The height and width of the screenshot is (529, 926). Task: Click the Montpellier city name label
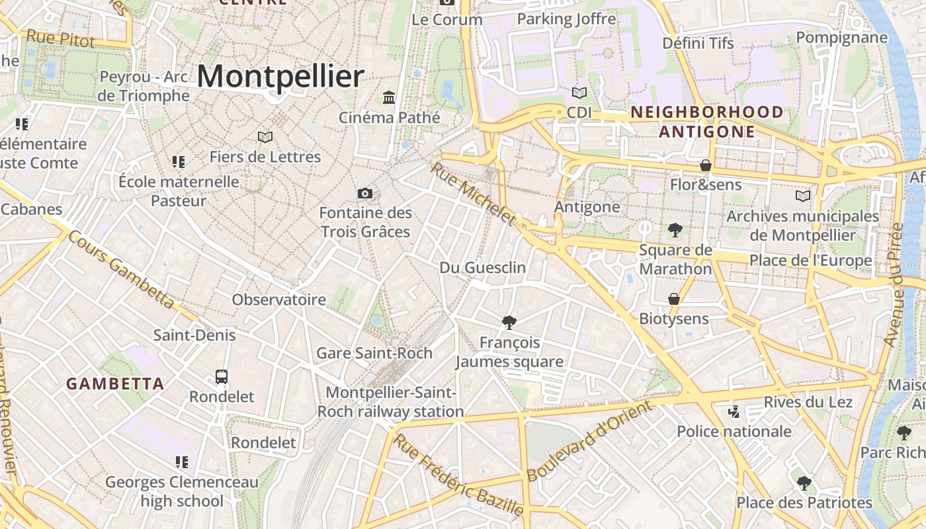280,77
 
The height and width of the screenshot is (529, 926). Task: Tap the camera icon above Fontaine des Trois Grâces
364,193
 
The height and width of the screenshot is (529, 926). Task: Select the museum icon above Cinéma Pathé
389,98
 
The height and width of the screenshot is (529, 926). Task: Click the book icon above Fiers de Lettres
265,137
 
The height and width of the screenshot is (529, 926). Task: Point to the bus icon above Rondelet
222,377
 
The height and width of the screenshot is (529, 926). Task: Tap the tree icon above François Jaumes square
509,323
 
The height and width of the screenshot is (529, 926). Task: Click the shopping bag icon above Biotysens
673,299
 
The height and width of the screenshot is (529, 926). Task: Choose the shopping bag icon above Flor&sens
706,165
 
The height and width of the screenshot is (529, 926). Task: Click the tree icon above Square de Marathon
675,230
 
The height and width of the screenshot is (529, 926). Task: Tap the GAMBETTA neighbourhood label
115,384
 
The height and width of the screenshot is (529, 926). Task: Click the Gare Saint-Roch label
374,352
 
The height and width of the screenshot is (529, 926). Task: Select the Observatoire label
278,300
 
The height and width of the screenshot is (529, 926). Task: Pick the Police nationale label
734,432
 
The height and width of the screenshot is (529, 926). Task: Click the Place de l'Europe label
810,260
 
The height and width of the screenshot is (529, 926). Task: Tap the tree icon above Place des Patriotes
804,483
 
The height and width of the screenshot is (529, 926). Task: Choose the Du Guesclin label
483,267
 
